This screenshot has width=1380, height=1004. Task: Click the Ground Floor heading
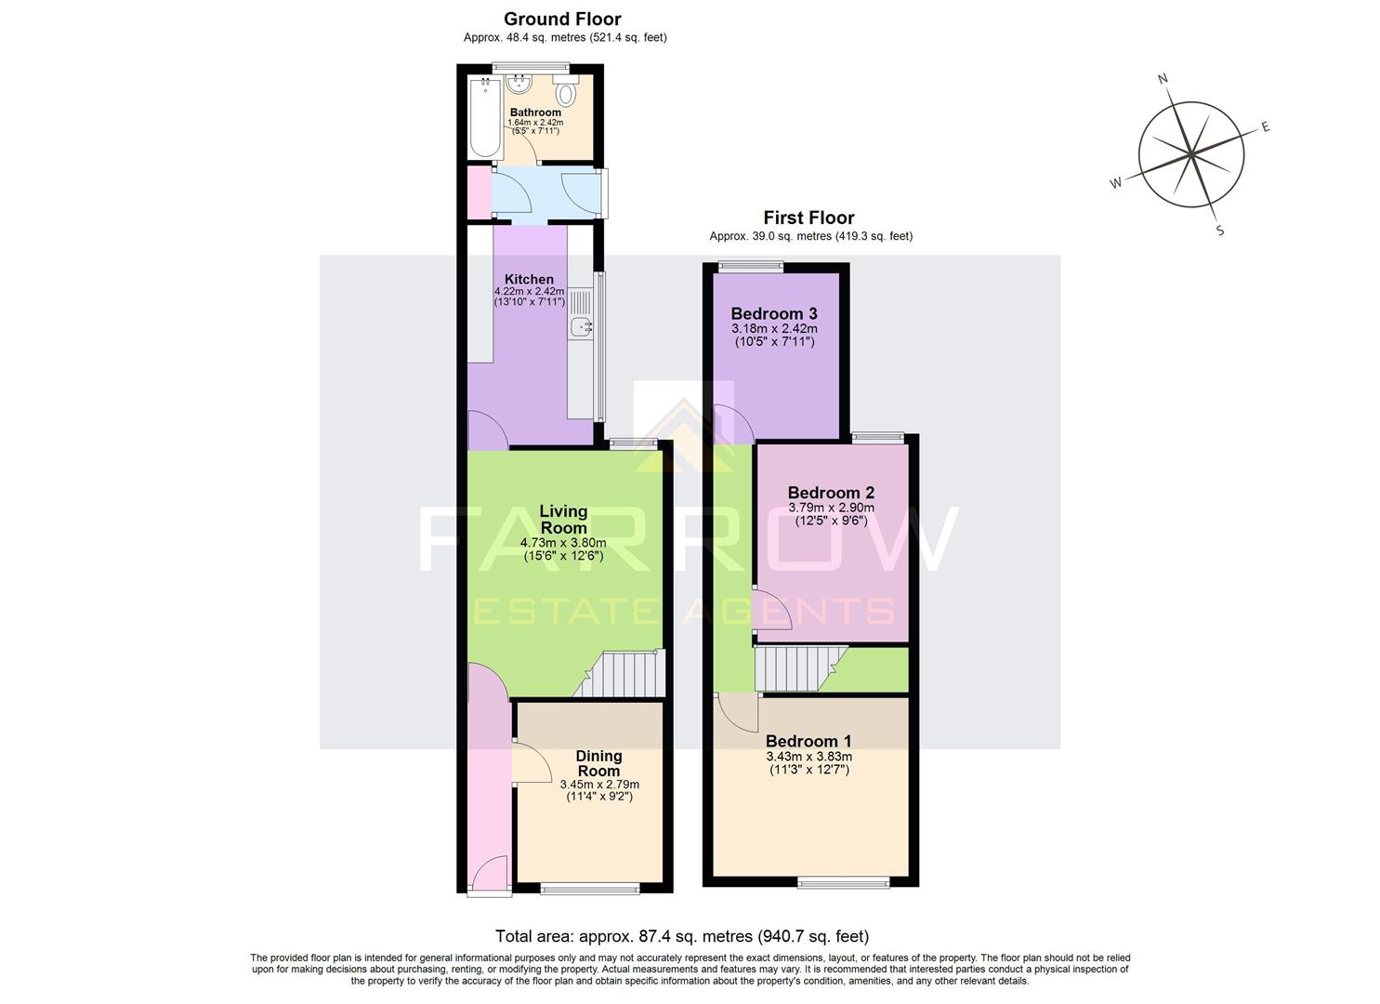click(x=562, y=19)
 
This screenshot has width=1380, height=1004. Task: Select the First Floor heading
click(x=808, y=218)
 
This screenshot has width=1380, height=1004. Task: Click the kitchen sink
click(x=582, y=325)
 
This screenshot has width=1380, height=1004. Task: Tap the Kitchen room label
click(x=529, y=279)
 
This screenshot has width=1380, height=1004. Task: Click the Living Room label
click(x=563, y=520)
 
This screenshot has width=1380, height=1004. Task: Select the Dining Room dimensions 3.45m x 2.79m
click(x=599, y=785)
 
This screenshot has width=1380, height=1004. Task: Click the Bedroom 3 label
click(x=773, y=313)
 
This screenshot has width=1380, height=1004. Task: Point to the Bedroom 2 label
click(x=831, y=493)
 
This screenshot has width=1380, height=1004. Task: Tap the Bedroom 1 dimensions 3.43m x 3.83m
click(x=808, y=757)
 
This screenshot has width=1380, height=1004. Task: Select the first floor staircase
click(x=797, y=669)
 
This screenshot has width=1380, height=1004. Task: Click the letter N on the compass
click(x=1163, y=79)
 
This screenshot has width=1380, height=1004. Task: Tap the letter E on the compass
click(x=1265, y=127)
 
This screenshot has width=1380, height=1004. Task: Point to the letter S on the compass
click(x=1220, y=231)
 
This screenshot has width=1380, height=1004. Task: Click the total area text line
click(x=682, y=936)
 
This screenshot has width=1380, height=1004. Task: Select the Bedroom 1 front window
click(x=844, y=881)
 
